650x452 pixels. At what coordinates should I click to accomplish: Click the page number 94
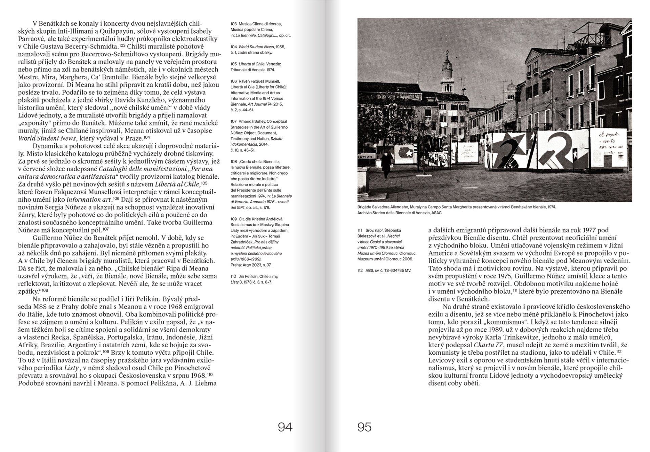[x=285, y=427]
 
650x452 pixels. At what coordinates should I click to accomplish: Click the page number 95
[x=364, y=427]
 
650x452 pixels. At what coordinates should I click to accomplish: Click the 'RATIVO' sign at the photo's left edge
[x=365, y=157]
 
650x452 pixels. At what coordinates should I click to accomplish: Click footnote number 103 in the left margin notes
[x=234, y=24]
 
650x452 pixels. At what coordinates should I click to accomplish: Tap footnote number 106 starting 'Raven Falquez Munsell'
[x=234, y=81]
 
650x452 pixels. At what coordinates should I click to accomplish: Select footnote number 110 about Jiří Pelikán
[x=234, y=276]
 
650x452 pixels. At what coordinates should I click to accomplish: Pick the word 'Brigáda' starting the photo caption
[x=365, y=207]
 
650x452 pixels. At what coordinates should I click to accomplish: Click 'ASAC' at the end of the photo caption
[x=436, y=213]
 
